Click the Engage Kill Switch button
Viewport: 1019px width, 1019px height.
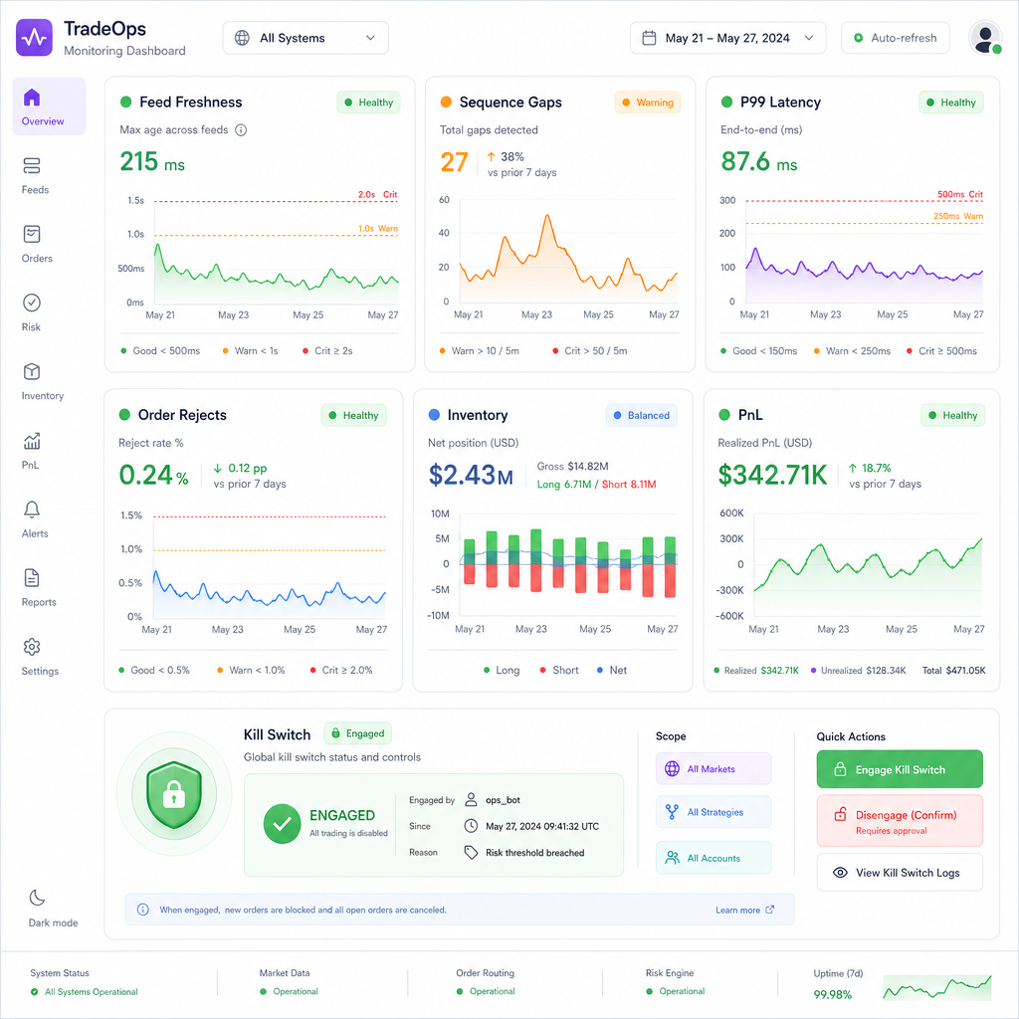coord(900,769)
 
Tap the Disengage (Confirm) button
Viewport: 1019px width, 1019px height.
coord(900,821)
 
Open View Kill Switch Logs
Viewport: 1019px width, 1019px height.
coord(900,872)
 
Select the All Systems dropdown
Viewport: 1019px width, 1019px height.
coord(306,38)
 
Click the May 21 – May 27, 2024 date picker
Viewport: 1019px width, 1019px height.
coord(727,38)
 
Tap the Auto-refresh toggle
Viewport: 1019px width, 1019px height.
coord(895,38)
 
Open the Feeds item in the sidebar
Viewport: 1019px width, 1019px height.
coord(35,175)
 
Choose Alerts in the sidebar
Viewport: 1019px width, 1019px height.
coord(35,519)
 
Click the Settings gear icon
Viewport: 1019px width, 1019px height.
coord(32,647)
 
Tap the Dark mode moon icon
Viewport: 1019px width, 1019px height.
coord(37,898)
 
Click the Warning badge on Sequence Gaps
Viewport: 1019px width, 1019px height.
coord(647,102)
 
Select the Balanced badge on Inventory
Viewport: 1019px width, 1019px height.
coord(642,415)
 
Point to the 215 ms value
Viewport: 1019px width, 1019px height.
coord(152,161)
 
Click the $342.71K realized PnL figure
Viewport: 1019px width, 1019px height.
coord(772,475)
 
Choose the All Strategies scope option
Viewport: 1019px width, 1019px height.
coord(713,812)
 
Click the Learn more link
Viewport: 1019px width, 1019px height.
coord(744,910)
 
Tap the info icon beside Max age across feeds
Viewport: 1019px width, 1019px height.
coord(241,130)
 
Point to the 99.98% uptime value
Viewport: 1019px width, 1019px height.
coord(833,994)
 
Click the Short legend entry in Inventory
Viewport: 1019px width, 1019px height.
coord(559,670)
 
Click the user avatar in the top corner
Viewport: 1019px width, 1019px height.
coord(985,38)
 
